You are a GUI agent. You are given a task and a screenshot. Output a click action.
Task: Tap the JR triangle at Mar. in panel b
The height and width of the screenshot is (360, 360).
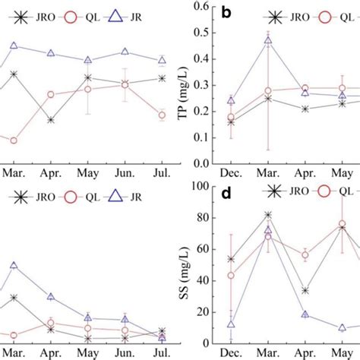point(268,42)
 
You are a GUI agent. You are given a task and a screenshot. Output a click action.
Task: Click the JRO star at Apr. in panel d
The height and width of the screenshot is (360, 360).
point(305,290)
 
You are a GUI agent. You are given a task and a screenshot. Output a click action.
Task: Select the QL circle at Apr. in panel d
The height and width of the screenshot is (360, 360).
point(305,255)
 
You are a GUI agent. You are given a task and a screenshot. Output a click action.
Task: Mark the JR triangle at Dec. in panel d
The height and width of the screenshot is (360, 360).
point(231,324)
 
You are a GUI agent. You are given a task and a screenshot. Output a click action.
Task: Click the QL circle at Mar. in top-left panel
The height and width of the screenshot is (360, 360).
point(14,141)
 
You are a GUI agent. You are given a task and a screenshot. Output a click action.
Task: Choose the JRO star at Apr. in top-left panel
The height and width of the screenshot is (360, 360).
point(50,120)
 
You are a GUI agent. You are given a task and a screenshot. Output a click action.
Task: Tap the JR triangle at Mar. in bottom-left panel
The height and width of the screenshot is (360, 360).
point(14,266)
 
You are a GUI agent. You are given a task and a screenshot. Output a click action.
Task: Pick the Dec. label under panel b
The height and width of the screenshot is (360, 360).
point(231,174)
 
